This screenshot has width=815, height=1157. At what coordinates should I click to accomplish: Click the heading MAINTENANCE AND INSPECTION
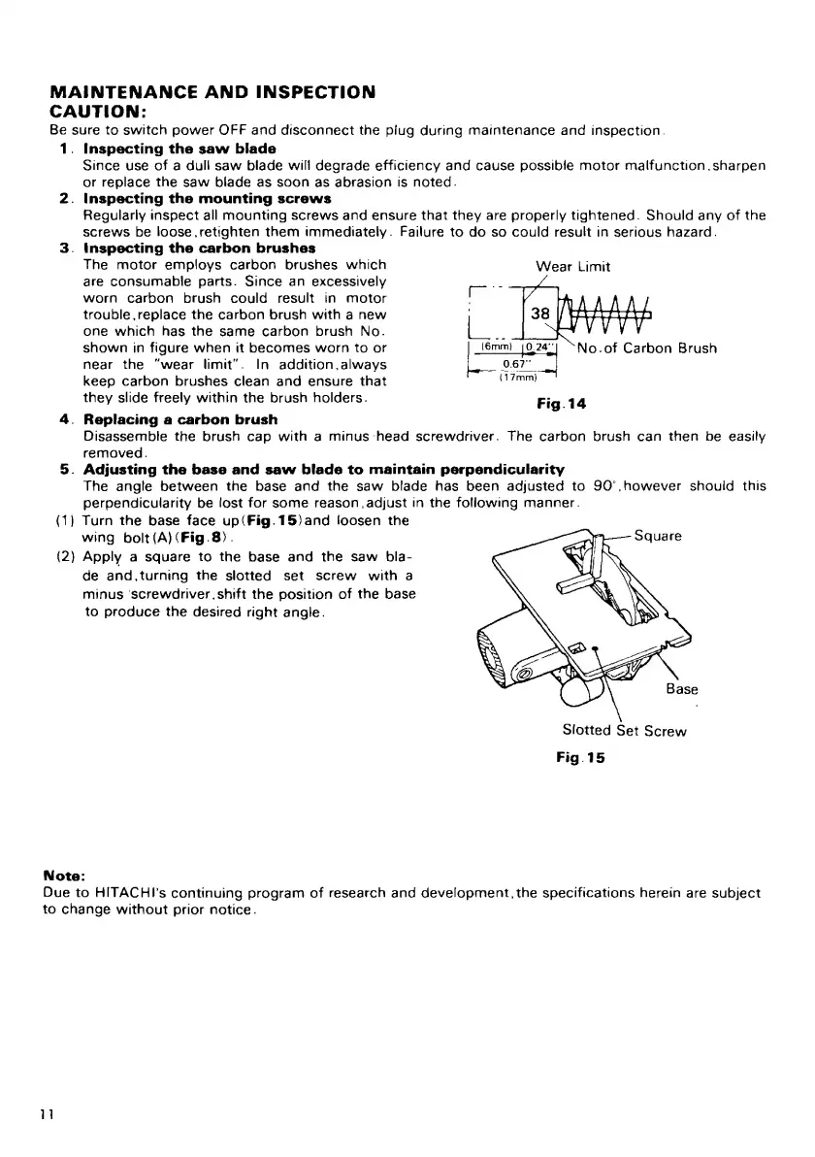coord(212,93)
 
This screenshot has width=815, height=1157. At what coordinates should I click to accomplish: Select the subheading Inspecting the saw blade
coord(179,149)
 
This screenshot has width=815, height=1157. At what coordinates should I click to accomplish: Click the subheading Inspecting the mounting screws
coord(208,198)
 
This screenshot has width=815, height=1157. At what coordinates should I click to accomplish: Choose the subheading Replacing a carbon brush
coord(180,419)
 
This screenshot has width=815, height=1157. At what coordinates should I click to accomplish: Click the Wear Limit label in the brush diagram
coord(572,266)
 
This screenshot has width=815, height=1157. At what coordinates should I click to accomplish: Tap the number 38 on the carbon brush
coord(539,314)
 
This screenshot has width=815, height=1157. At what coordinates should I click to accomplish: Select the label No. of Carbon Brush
coord(653,348)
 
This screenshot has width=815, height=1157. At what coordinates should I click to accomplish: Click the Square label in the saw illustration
coord(660,536)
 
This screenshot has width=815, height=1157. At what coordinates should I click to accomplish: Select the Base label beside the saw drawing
coord(682,689)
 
